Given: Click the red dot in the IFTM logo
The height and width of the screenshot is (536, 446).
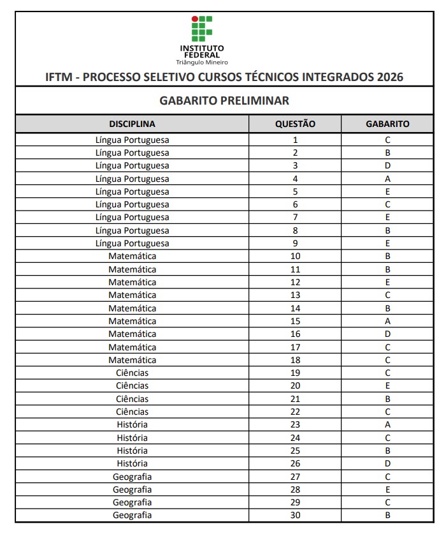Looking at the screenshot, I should (x=195, y=19).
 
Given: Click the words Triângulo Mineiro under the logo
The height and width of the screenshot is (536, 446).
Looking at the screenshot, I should (x=202, y=62).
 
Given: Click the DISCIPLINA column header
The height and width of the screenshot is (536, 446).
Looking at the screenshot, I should (x=132, y=124).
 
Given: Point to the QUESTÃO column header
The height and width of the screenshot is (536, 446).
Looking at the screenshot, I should (x=295, y=124).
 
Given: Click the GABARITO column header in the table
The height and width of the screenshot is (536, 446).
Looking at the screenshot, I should (x=387, y=124).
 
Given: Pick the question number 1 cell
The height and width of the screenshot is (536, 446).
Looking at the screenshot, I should (x=295, y=140).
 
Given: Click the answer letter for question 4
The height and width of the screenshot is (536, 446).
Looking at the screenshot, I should (x=387, y=179).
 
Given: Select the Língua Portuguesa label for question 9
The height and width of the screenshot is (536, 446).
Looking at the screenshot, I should (x=132, y=243).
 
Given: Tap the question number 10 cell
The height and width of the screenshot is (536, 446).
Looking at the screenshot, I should (x=295, y=257).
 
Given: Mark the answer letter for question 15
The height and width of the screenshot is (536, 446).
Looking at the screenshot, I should (x=387, y=321).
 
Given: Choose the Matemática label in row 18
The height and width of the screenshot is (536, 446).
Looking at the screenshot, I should (x=132, y=360).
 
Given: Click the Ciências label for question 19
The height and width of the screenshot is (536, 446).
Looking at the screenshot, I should (x=132, y=373).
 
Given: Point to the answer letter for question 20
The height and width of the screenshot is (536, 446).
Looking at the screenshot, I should (x=387, y=385).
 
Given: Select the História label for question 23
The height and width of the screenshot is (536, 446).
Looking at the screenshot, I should (x=132, y=424).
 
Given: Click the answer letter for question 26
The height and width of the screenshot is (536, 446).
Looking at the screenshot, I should (x=387, y=463).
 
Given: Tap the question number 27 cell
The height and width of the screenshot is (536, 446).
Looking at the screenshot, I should (x=295, y=476).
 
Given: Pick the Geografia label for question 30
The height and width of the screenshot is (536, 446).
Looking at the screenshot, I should (x=132, y=515).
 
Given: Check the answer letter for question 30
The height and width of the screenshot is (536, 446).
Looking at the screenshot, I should (x=387, y=515).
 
